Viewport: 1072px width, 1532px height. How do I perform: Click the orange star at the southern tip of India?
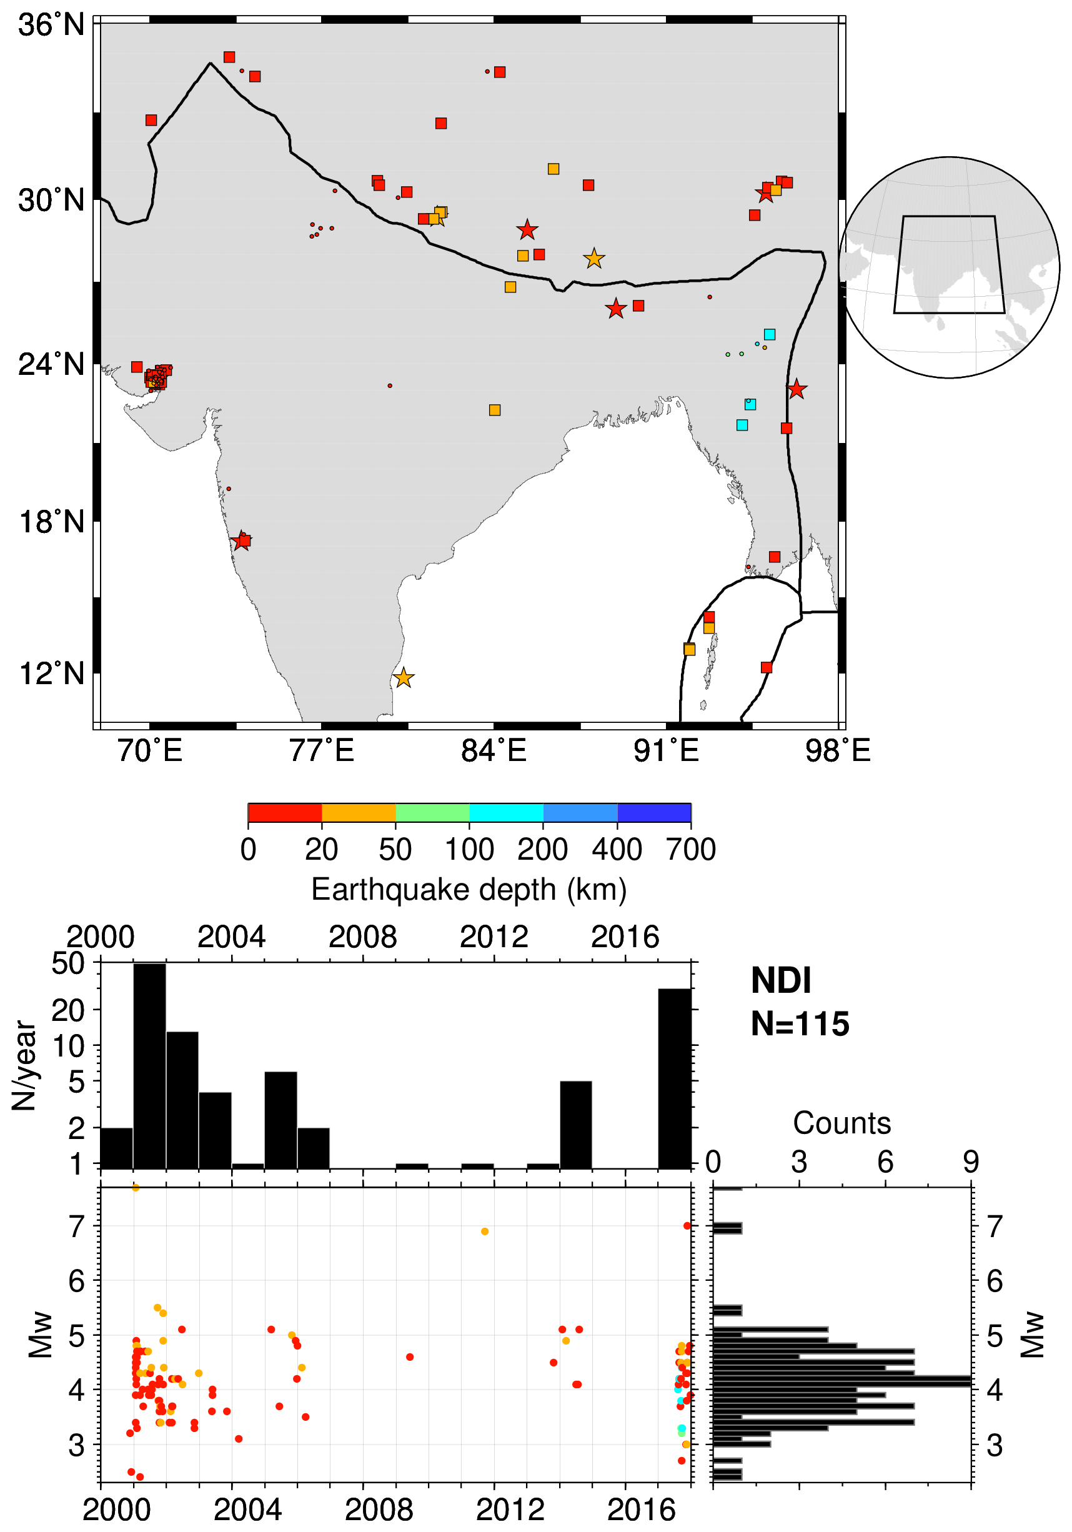(x=404, y=678)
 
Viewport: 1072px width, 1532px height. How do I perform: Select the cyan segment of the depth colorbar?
(x=506, y=813)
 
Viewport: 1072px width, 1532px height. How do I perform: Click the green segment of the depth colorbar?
(x=432, y=813)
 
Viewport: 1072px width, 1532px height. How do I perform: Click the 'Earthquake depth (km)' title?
(x=469, y=890)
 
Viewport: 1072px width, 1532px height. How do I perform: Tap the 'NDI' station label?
(x=780, y=981)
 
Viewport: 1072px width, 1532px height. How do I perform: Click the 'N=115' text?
(x=800, y=1024)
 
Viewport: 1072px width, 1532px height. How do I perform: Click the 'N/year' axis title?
(x=25, y=1066)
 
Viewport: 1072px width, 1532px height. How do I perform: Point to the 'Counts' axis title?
(x=842, y=1123)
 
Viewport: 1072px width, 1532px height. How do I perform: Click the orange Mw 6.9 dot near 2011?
(x=485, y=1231)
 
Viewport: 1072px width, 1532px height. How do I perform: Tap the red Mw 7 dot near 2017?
(x=687, y=1226)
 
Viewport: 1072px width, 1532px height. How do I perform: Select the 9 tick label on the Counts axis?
(x=971, y=1163)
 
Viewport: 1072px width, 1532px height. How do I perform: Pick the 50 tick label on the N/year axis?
(x=69, y=963)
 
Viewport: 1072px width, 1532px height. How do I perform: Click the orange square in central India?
(x=494, y=410)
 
